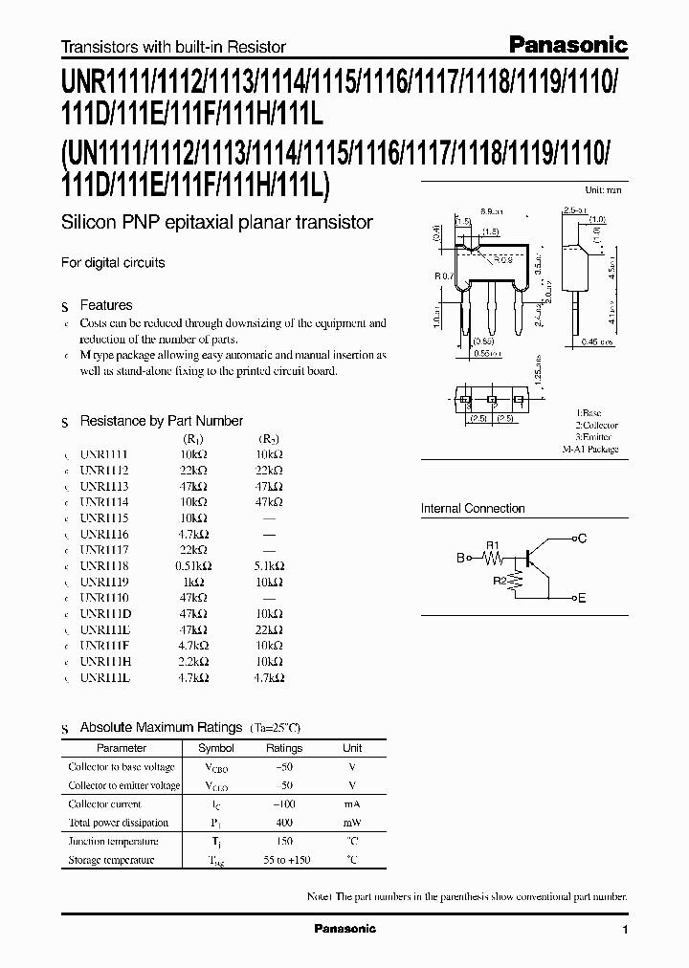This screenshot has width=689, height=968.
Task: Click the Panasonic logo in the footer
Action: [344, 929]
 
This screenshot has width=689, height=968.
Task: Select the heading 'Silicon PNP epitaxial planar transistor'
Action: [217, 223]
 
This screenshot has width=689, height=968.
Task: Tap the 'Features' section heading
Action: [106, 305]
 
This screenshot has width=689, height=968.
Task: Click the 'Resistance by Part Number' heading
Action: [161, 421]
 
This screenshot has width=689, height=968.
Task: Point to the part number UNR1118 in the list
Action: [104, 566]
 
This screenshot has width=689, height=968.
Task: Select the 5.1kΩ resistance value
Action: [269, 566]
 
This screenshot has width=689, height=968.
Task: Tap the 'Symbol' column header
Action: [215, 748]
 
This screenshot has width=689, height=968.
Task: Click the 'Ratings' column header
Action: [284, 748]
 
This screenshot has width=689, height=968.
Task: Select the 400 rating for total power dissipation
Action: [284, 823]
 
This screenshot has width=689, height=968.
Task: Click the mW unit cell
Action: [352, 823]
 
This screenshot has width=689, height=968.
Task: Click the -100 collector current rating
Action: [284, 804]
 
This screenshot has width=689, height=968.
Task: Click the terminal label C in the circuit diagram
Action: [582, 539]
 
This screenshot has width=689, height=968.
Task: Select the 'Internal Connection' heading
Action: [473, 509]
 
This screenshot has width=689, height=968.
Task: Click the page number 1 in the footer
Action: [625, 930]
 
